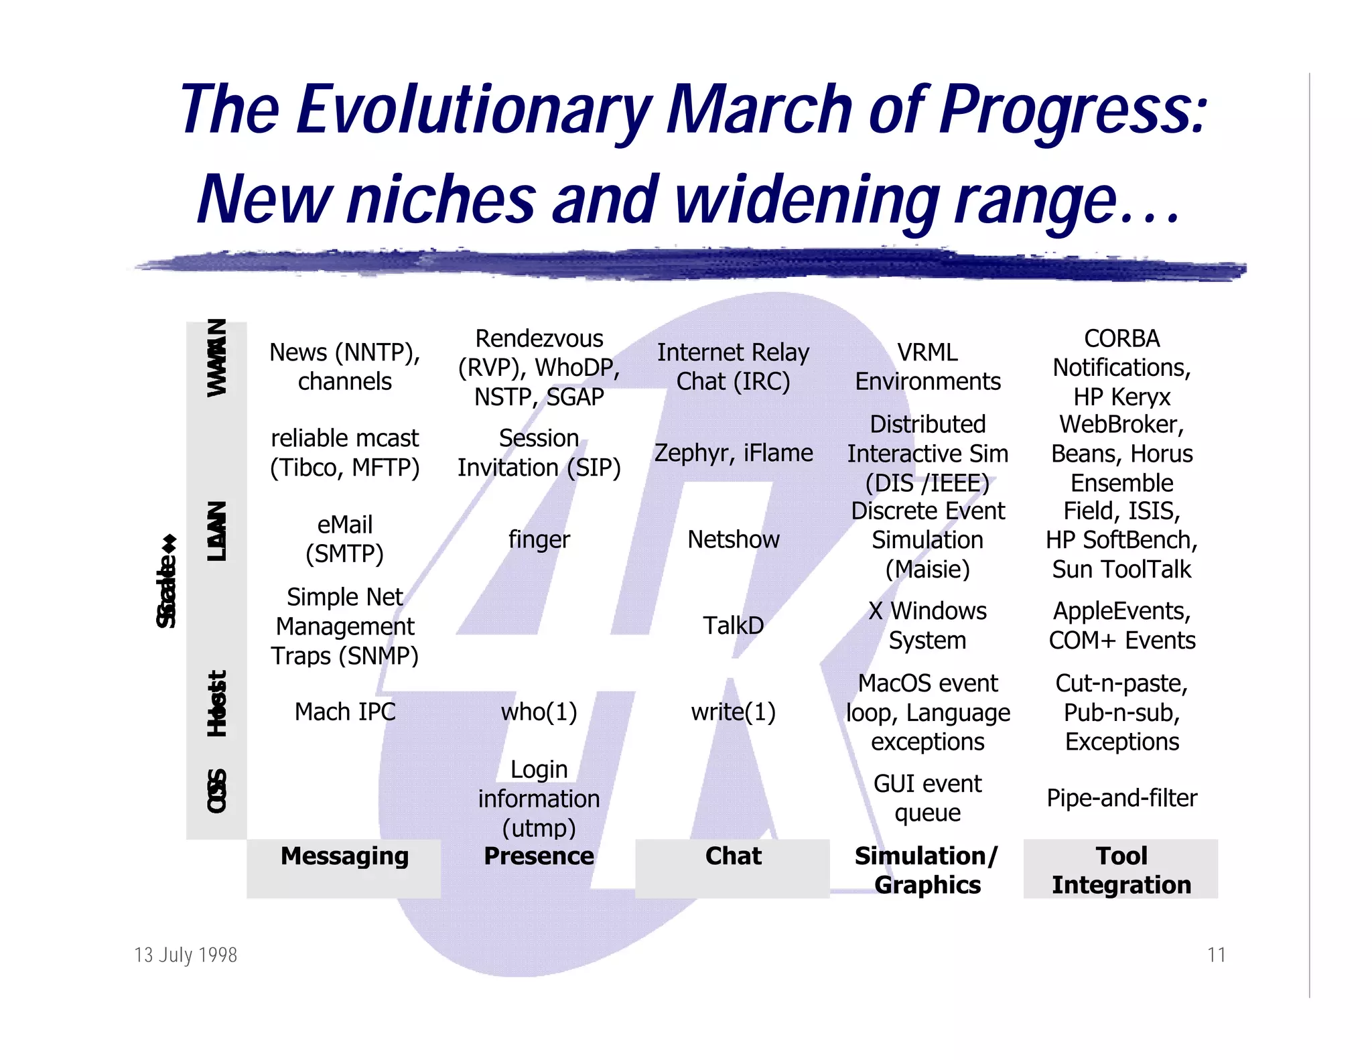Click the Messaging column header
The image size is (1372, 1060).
click(344, 856)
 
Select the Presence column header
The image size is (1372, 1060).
click(539, 856)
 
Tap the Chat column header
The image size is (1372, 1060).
click(733, 856)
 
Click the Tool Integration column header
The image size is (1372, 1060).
click(1121, 870)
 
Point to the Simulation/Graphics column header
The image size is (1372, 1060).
click(927, 870)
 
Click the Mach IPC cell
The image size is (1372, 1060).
click(345, 712)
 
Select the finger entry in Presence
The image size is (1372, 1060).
click(539, 539)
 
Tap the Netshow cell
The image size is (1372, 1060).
click(733, 539)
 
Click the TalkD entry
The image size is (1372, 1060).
click(733, 625)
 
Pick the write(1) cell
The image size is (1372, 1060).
click(733, 712)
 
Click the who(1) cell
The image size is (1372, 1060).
click(539, 712)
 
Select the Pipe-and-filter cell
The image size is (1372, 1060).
click(1121, 798)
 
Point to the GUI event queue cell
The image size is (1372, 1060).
click(927, 798)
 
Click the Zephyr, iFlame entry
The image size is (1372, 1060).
click(733, 453)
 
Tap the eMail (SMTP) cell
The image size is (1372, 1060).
click(344, 539)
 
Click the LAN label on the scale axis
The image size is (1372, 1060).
click(216, 531)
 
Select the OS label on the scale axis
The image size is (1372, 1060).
click(216, 791)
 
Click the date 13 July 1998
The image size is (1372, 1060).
click(186, 955)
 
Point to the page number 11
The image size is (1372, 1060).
click(1216, 955)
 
